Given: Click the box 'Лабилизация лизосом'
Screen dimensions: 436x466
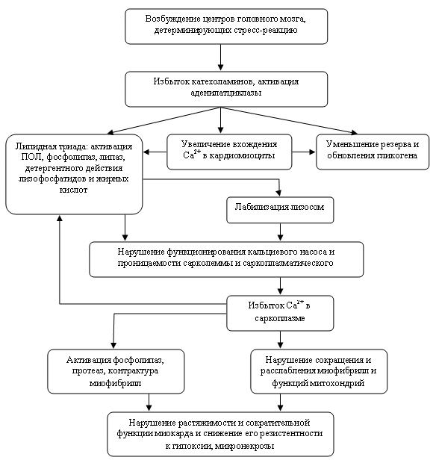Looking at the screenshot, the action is (x=280, y=210).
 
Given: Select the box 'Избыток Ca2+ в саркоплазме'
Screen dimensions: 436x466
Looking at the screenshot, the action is (x=280, y=313).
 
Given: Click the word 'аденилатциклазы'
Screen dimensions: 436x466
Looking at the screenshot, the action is (x=226, y=93).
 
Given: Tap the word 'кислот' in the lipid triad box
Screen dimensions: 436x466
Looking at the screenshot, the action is (x=73, y=190).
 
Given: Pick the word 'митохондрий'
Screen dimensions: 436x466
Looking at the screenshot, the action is (x=337, y=383).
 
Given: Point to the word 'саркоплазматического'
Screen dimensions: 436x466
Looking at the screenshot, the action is (x=287, y=264).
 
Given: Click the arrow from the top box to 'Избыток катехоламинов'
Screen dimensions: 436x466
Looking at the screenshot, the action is (x=220, y=58).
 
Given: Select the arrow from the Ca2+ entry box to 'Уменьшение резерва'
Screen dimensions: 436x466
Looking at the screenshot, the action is (x=304, y=152).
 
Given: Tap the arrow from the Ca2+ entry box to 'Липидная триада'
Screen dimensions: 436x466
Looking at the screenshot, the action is (x=155, y=152).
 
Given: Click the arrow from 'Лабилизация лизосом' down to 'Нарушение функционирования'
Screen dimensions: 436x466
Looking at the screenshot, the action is (x=280, y=232).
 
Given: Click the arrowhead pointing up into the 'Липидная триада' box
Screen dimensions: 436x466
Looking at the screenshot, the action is (x=60, y=218).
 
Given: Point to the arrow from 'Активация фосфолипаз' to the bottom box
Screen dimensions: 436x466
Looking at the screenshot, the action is (x=149, y=403).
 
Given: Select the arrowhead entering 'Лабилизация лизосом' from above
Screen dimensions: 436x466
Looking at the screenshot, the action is (x=278, y=193).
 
